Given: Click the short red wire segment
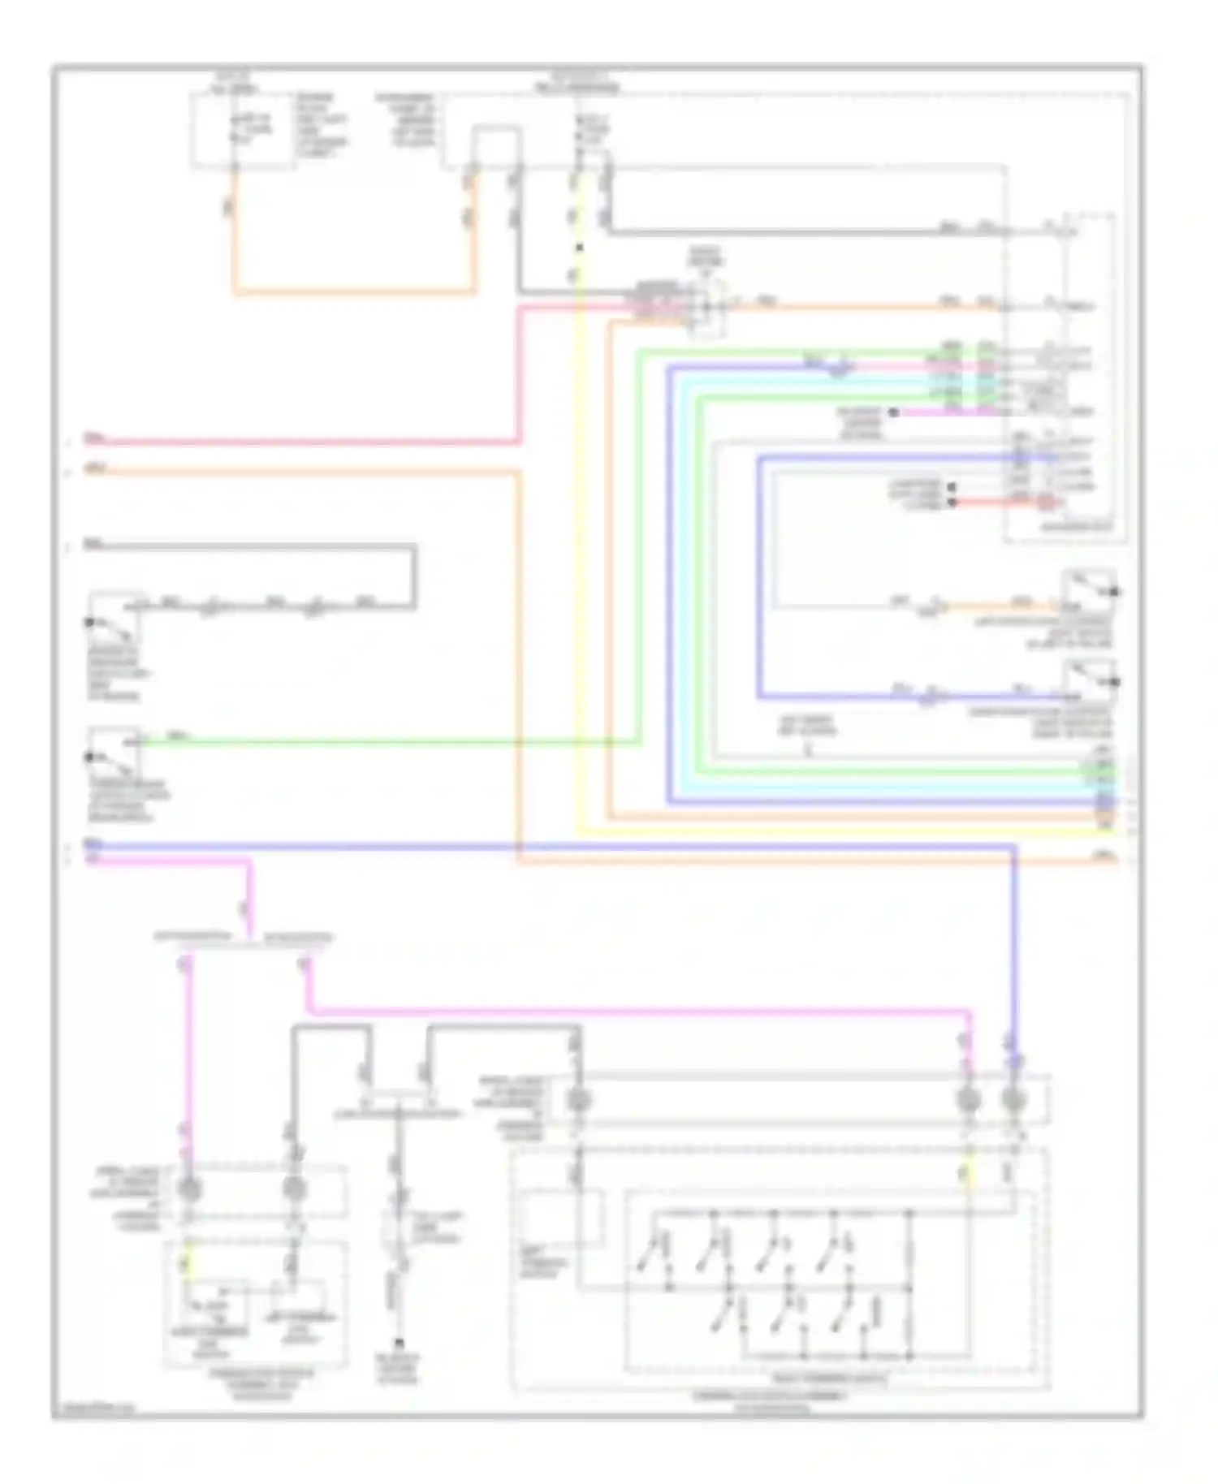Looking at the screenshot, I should pos(1007,503).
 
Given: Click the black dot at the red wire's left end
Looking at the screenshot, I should pos(952,503).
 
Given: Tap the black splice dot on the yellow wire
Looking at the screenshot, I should pos(579,247).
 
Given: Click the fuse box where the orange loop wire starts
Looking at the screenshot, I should pos(242,130).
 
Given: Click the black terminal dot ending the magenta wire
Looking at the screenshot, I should pos(893,412).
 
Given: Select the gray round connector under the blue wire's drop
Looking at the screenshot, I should pos(1012,1100).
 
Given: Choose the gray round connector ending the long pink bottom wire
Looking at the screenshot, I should pos(967,1100).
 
